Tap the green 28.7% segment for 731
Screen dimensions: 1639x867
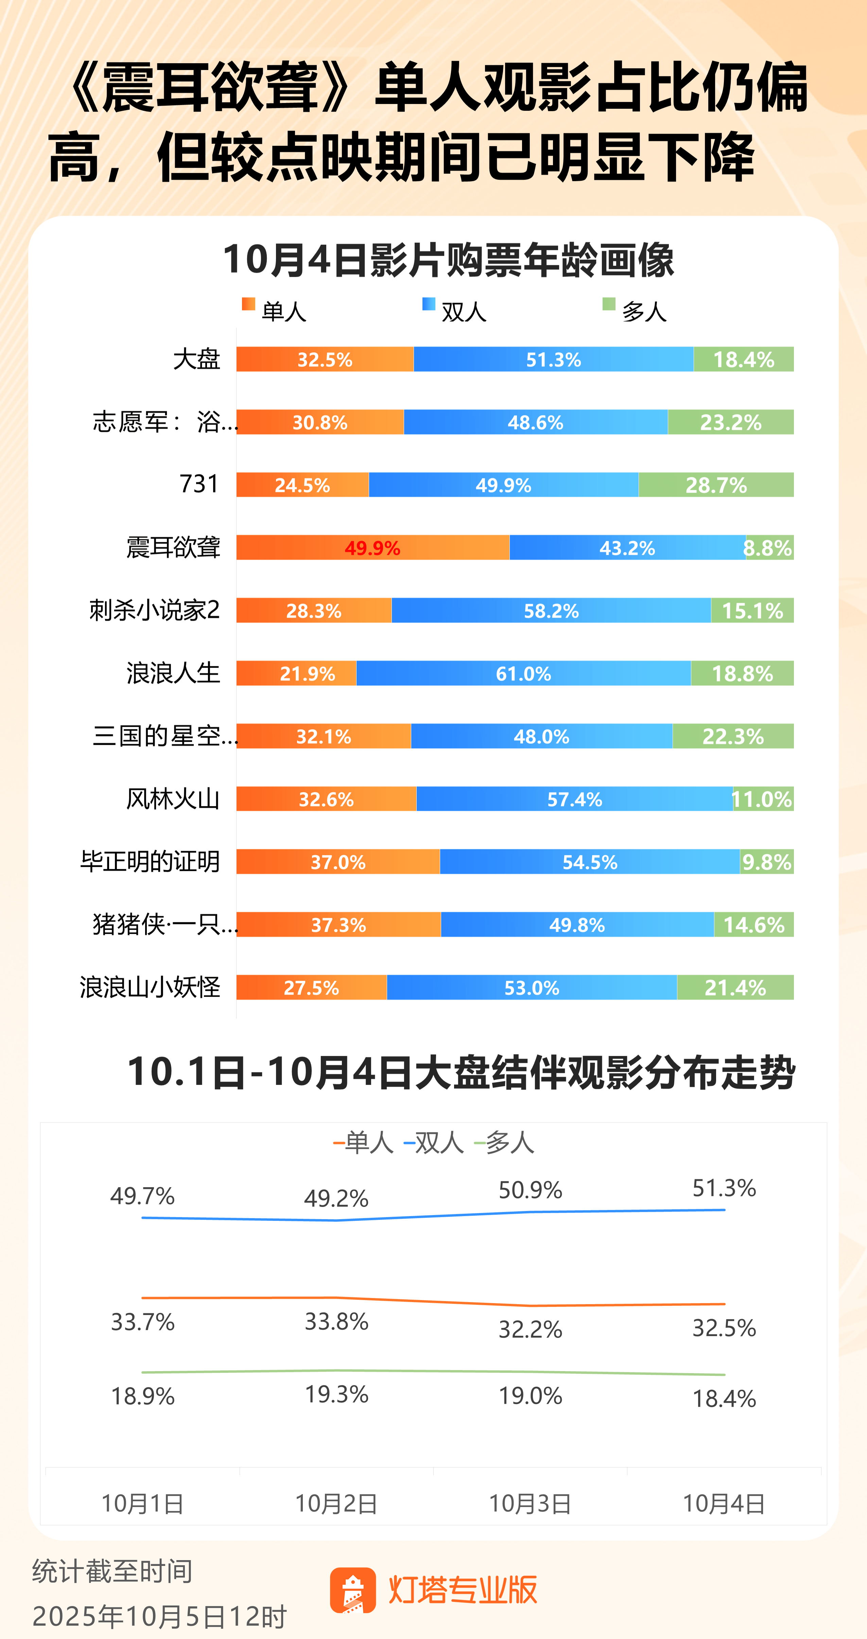point(716,485)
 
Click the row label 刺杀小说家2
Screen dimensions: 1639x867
point(155,610)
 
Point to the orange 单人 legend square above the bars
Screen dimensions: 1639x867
point(248,304)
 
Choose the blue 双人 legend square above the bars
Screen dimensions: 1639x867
point(429,304)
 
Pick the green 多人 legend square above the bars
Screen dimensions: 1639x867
point(609,304)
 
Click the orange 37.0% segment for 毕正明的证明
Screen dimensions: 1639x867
point(338,862)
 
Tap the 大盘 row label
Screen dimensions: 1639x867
point(196,359)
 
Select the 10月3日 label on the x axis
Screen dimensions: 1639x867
point(530,1503)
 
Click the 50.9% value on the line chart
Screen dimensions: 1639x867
point(530,1190)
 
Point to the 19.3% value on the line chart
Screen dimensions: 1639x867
point(336,1394)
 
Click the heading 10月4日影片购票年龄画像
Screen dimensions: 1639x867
point(448,260)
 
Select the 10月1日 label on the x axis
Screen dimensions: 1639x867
point(142,1503)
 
